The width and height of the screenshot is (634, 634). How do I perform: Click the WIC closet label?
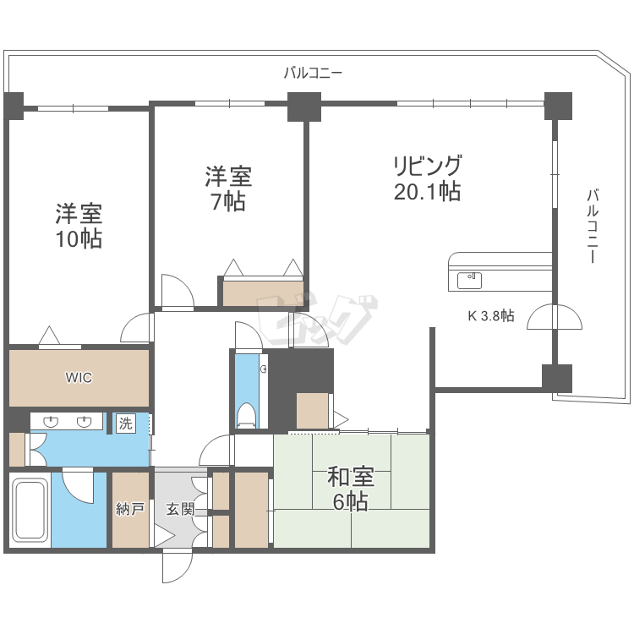coord(79,378)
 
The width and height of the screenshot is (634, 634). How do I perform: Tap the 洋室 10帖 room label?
coord(79,226)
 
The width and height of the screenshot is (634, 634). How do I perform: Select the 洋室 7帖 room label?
coord(228,189)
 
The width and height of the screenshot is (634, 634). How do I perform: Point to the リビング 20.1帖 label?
coord(428,178)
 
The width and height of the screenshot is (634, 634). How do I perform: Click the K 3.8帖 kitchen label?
coord(491,315)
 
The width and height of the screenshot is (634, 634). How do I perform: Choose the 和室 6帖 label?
coord(351,489)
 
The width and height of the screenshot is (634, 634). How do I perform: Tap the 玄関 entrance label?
coord(180,509)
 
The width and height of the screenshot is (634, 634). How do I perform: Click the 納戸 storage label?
coord(130,509)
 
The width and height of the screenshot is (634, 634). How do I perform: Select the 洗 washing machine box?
coord(125,424)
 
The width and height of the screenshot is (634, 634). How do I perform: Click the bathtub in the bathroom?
coord(30,511)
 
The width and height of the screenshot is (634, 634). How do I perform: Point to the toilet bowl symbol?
coord(247,415)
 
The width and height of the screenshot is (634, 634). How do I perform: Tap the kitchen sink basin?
coord(469,280)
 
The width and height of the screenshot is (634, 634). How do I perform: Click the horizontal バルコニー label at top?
coord(313,73)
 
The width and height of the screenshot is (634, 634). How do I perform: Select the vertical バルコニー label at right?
coord(593,226)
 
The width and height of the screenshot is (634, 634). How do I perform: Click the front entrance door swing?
coord(178,568)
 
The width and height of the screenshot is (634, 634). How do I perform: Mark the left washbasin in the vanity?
coord(51,422)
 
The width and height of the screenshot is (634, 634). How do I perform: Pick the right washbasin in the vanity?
coord(84,422)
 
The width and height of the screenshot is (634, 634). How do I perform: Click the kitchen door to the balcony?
coord(555,317)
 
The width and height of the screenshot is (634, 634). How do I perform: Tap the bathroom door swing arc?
coord(78,488)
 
